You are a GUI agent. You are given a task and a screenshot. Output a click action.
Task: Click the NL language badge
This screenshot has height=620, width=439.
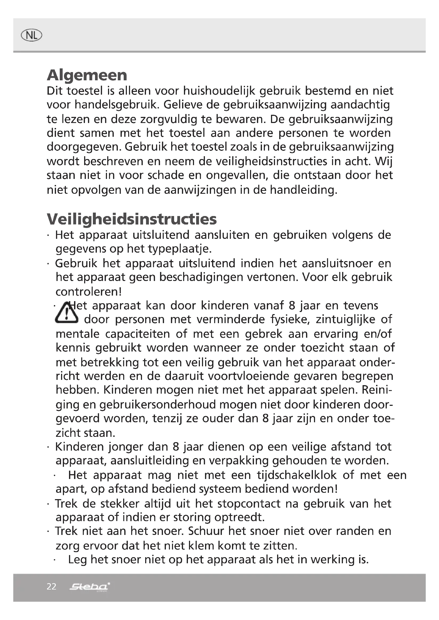[x=31, y=35]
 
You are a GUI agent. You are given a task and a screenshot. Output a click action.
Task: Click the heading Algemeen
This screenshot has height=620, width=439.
[x=87, y=75]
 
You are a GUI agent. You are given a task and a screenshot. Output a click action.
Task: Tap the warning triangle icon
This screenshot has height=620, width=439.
[x=66, y=313]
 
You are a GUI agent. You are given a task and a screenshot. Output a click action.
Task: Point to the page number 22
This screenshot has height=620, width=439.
[x=51, y=587]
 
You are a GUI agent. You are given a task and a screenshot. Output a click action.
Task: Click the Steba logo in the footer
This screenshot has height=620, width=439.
[x=89, y=587]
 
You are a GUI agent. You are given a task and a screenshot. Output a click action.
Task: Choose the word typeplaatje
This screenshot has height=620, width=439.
[x=179, y=249]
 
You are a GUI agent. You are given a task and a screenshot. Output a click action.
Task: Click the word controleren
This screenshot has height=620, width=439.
[x=88, y=292]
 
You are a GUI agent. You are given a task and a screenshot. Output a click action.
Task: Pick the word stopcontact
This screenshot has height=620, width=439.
[x=249, y=504]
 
